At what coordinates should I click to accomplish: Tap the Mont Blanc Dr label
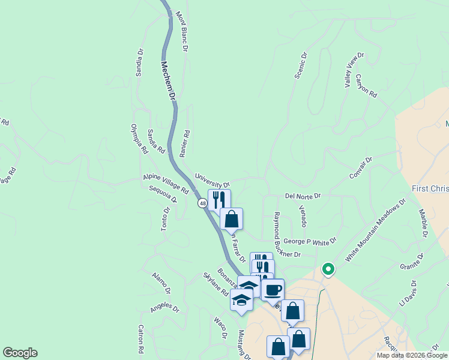coord(182,30)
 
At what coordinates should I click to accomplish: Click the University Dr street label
coord(212,179)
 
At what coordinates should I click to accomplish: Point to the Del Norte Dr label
coord(303,196)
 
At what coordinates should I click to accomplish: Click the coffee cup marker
coord(273,290)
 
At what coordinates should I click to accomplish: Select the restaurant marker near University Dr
coord(219,199)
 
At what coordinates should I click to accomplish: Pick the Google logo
coord(20,353)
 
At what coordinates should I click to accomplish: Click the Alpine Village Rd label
coord(166,184)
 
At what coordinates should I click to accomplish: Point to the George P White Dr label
coord(310,241)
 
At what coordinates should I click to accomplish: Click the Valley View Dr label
coord(354,71)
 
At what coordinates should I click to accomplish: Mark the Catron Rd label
coord(140,338)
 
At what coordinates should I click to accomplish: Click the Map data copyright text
coord(412,355)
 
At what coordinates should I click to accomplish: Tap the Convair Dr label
coord(361,168)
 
